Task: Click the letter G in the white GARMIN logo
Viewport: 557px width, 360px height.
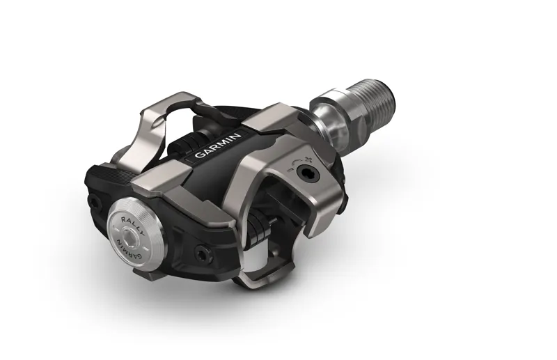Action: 198,156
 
